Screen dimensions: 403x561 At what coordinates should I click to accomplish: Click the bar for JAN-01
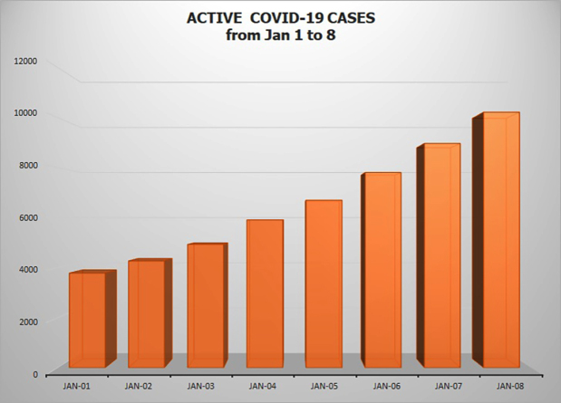88,320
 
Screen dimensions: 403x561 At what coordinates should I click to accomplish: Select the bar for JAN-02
146,313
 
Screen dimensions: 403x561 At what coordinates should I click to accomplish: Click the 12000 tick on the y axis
24,62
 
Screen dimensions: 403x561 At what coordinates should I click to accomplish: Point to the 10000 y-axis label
24,113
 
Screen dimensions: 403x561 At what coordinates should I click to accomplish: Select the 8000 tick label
27,166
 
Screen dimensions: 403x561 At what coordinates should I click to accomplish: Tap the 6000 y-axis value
27,217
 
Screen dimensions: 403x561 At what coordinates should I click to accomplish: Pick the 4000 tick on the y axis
27,269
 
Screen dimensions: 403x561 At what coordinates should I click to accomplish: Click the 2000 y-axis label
27,321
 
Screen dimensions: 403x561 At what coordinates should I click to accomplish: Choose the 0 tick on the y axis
35,373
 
